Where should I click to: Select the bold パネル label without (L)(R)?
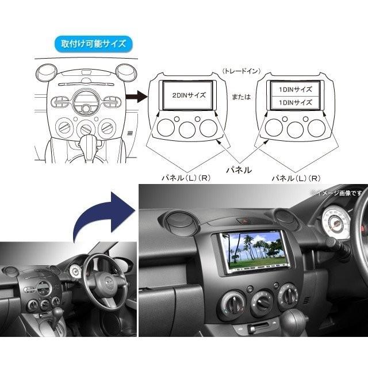coord(237,171)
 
